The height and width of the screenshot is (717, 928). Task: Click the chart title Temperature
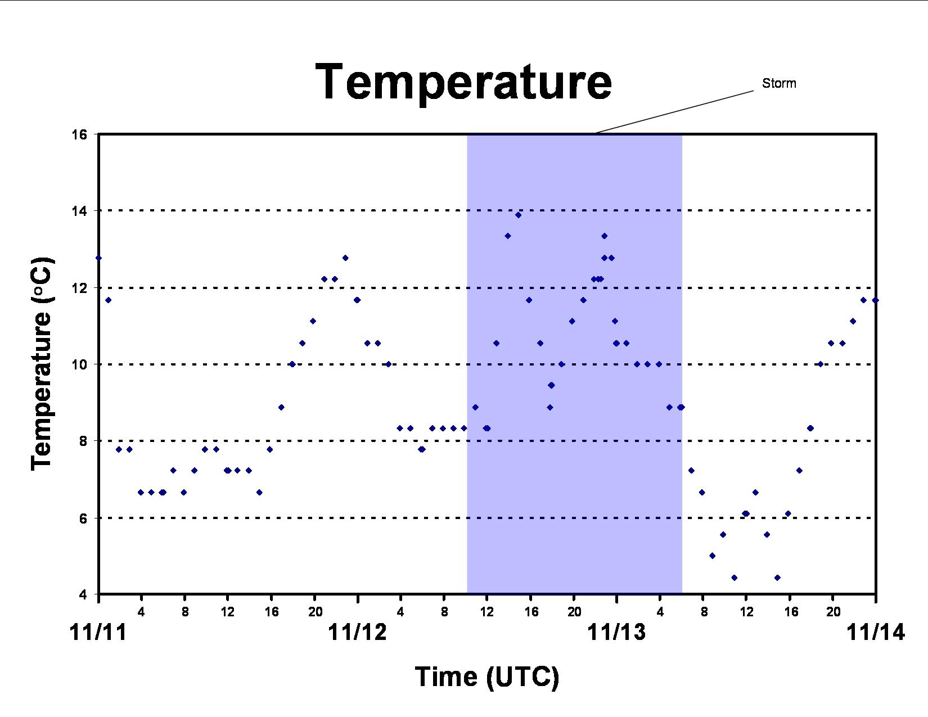coord(463,82)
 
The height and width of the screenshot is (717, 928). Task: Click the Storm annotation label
coord(779,83)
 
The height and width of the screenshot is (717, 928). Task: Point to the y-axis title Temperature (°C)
coord(42,363)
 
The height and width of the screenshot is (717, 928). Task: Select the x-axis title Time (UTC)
coord(487,677)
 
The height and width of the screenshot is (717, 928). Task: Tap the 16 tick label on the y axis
coord(79,135)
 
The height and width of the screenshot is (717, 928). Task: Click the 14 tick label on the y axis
coord(79,211)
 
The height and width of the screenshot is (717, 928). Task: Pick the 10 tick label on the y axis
coord(79,364)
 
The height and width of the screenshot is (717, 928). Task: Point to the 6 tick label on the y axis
coord(83,518)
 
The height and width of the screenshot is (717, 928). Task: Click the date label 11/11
coord(98,632)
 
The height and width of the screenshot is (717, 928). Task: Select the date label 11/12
coord(357,632)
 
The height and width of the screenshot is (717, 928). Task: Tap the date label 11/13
coord(616,632)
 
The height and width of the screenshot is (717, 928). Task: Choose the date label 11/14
coord(876,632)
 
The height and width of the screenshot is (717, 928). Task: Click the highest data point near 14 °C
coord(519,215)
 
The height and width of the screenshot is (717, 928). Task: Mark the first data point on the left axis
coord(98,258)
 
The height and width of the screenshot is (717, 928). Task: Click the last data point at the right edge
coord(875,300)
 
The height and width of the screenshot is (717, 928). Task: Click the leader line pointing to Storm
coord(675,112)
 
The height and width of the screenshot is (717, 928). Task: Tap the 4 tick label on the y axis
coord(83,594)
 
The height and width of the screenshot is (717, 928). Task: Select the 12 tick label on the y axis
coord(79,288)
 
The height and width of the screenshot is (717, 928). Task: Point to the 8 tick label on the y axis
coord(83,441)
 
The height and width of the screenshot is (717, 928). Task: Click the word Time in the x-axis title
coord(446,677)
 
